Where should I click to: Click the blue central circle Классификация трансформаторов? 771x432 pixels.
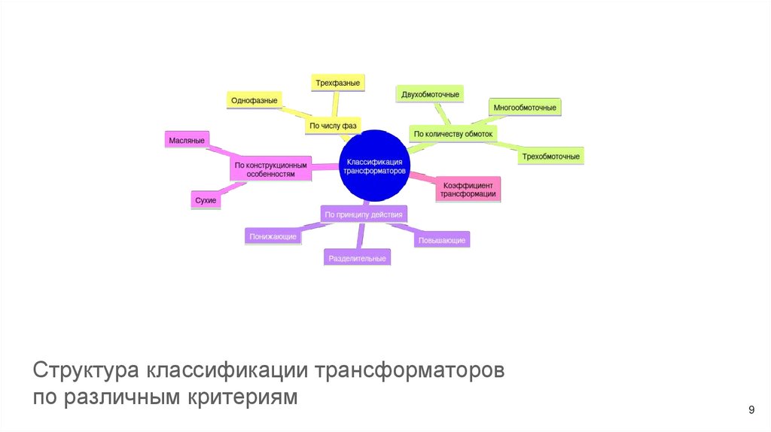coord(374,166)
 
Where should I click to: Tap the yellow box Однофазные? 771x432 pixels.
coord(254,100)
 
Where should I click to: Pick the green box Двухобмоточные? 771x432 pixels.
coord(430,94)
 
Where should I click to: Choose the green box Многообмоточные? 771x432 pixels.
coord(525,108)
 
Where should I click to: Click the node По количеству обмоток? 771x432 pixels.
coord(453,134)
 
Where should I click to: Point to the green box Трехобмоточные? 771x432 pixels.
coord(550,157)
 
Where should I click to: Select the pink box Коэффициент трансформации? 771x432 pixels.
coord(468,189)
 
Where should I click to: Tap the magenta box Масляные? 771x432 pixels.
coord(187,140)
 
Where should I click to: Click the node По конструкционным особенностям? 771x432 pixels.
coord(270,169)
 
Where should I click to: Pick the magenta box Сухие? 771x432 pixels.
coord(206,200)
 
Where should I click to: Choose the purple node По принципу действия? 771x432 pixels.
coord(364,214)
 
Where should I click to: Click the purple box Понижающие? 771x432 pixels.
coord(273,236)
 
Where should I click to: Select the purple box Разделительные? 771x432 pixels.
coord(358,258)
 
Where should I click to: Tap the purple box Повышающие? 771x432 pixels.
coord(442,240)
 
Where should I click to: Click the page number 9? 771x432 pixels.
coord(751,409)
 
